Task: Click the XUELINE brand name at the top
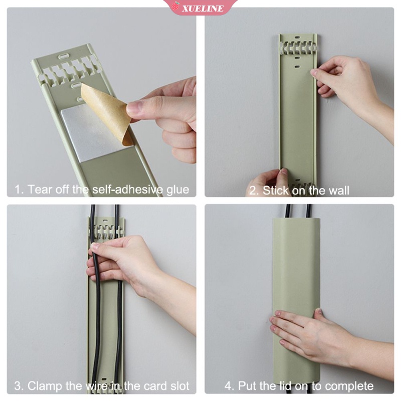click(203, 9)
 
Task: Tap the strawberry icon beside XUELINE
click(176, 6)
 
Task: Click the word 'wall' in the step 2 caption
click(339, 190)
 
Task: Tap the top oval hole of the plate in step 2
click(297, 37)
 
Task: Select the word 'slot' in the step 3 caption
click(180, 386)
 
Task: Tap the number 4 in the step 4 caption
click(228, 386)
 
